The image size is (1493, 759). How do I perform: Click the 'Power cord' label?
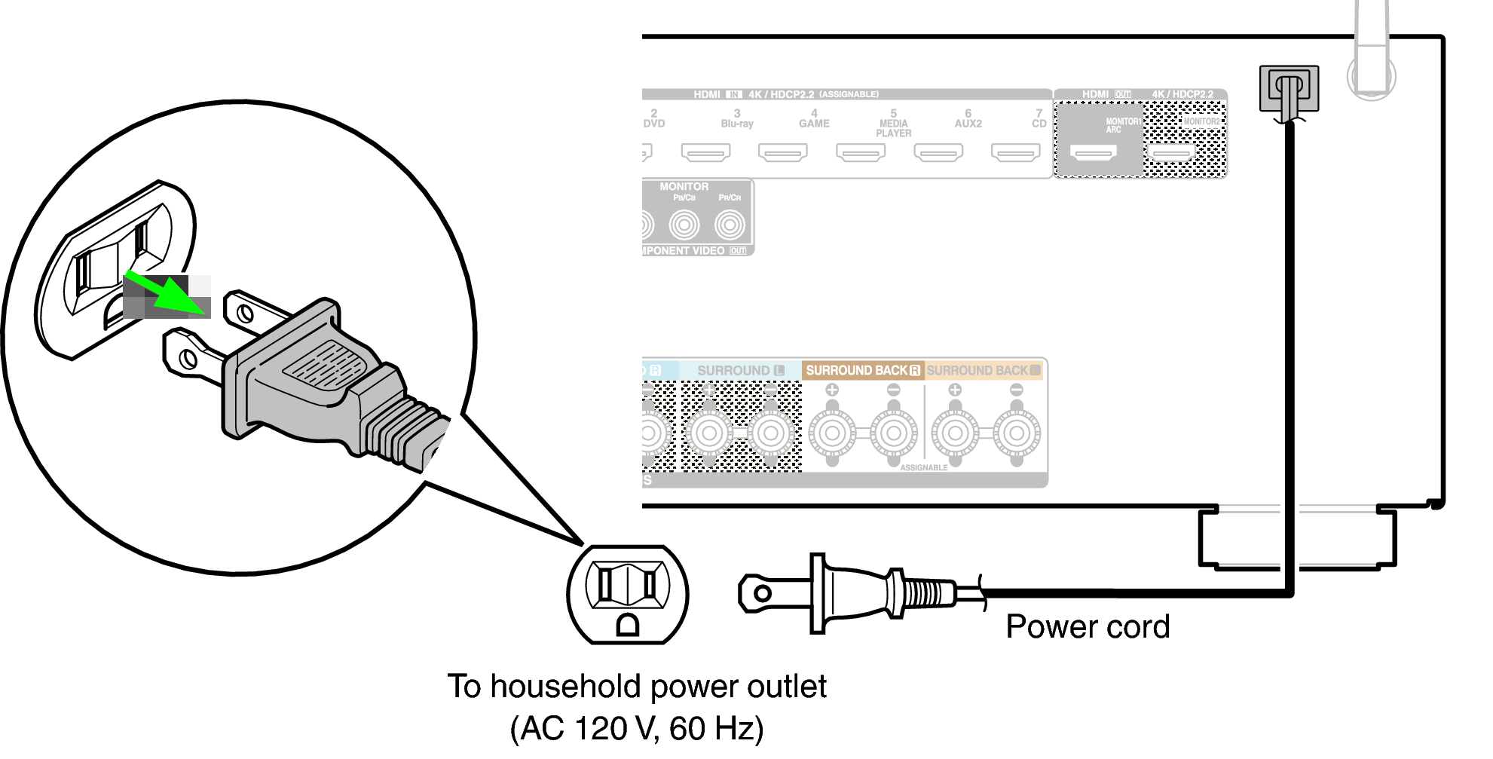pyautogui.click(x=1087, y=627)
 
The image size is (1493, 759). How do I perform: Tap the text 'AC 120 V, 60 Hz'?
pyautogui.click(x=637, y=728)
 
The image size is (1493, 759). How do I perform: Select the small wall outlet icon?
pyautogui.click(x=627, y=594)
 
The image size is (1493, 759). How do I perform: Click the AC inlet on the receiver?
pyautogui.click(x=1289, y=89)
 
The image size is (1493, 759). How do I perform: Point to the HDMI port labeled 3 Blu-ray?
pyautogui.click(x=705, y=153)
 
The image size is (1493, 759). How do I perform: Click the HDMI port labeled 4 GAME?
pyautogui.click(x=783, y=153)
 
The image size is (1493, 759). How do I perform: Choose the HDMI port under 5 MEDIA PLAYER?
pyautogui.click(x=860, y=153)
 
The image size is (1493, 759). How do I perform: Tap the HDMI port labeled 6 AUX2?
pyautogui.click(x=938, y=153)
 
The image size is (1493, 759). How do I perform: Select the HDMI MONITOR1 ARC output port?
pyautogui.click(x=1094, y=153)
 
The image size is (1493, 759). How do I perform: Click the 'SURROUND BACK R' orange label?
pyautogui.click(x=862, y=370)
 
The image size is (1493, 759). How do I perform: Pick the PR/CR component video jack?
pyautogui.click(x=730, y=225)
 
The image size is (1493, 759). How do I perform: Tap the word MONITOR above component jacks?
pyautogui.click(x=684, y=186)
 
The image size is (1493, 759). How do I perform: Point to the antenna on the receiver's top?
pyautogui.click(x=1371, y=53)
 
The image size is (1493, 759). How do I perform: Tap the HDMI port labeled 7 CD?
pyautogui.click(x=1015, y=153)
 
